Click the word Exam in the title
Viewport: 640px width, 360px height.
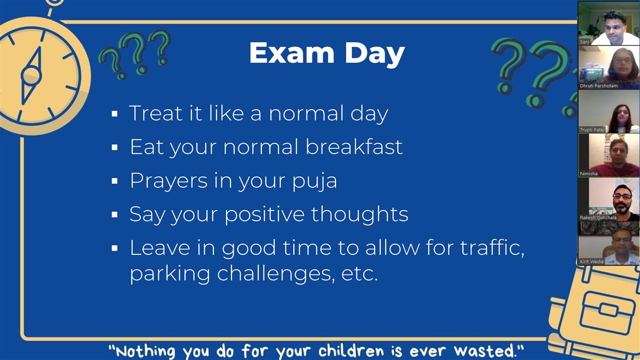[292, 53]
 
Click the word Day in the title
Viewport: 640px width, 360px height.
[375, 55]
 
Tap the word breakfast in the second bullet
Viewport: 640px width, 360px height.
[354, 147]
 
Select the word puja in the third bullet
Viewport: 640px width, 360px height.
[315, 181]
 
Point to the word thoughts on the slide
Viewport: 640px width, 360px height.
[359, 214]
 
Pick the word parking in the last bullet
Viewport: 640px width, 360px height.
[170, 274]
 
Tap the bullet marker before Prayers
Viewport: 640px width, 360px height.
[115, 181]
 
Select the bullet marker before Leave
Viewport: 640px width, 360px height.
[115, 248]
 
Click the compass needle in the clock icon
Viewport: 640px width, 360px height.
[31, 76]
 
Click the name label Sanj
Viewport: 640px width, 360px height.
[585, 42]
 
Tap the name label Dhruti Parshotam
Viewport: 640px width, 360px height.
[598, 86]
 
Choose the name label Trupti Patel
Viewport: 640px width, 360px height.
[591, 130]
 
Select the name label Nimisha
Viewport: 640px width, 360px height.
[589, 174]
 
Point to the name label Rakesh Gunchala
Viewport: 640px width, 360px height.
[598, 218]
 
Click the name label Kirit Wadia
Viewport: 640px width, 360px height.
[591, 261]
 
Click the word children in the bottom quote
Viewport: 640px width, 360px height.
[351, 351]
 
